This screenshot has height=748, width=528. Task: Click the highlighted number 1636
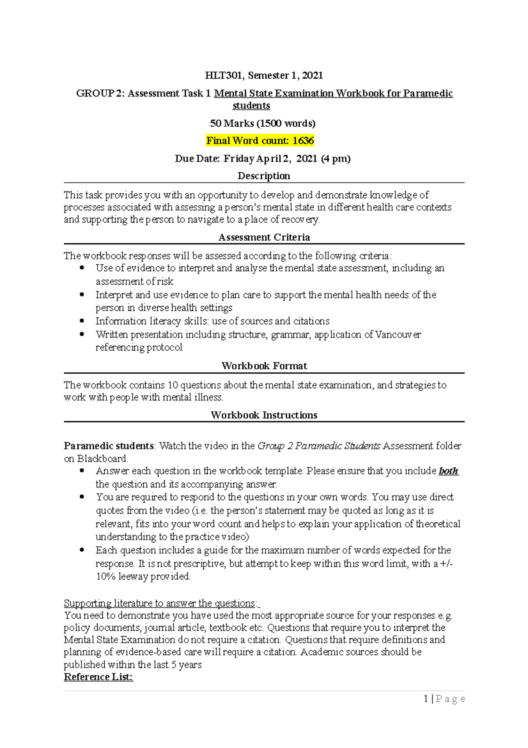pos(303,141)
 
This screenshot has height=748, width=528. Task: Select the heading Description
pos(264,176)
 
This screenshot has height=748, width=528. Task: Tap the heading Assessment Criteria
pos(264,237)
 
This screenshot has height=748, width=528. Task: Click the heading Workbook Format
pos(264,366)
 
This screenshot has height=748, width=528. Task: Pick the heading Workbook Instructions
pos(264,415)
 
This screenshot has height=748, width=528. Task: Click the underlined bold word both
pos(448,471)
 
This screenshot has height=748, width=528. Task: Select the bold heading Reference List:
pos(98,677)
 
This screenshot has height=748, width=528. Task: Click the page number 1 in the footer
pos(426,699)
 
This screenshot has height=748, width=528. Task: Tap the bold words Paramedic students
pos(109,446)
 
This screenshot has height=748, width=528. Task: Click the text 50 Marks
pos(232,123)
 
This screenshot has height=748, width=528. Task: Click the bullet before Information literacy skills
pos(82,321)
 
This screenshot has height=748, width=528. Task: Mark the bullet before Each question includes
pos(82,550)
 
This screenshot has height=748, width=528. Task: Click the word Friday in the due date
pos(239,159)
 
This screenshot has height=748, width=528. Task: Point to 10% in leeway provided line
pos(105,576)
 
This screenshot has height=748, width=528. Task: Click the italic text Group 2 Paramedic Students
pos(319,446)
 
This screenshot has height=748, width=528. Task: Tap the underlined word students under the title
pos(251,106)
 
